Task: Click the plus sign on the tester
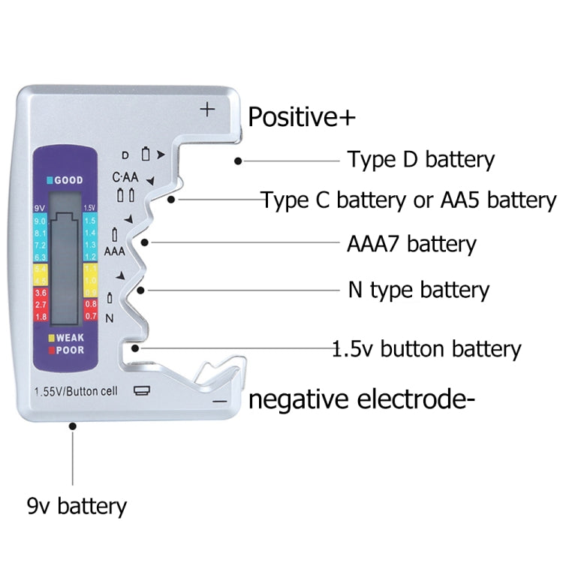[x=207, y=110]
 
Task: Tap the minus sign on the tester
[x=219, y=402]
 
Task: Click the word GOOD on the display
[x=68, y=180]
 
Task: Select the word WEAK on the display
[x=70, y=338]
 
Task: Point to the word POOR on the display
[x=70, y=350]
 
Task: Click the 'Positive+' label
[x=302, y=118]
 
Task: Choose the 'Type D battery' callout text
[x=420, y=160]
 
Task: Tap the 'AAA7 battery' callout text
[x=411, y=244]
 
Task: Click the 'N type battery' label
[x=418, y=290]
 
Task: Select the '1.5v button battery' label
[x=426, y=349]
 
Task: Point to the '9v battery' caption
[x=77, y=506]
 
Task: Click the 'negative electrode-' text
[x=362, y=400]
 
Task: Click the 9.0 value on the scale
[x=41, y=221]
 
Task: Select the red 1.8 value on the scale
[x=41, y=317]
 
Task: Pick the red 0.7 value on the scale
[x=90, y=317]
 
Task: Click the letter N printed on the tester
[x=110, y=318]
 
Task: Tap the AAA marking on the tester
[x=114, y=251]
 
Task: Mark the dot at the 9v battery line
[x=73, y=426]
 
